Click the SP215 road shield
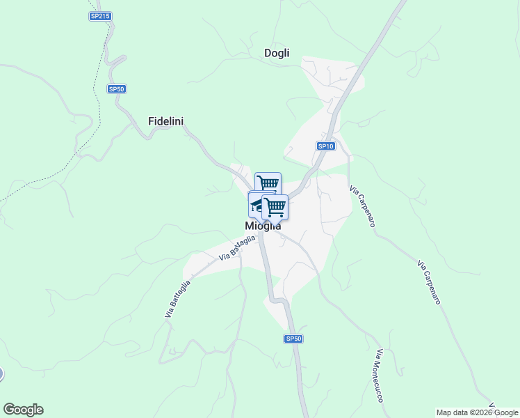(x=100, y=15)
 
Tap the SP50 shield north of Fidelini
(x=117, y=88)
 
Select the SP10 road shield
(x=326, y=146)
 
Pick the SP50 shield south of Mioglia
(x=294, y=339)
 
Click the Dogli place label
(x=277, y=53)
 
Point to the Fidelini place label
(x=165, y=121)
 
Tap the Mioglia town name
(x=263, y=226)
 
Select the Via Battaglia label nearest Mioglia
(x=238, y=247)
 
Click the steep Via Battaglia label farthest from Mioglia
(x=177, y=299)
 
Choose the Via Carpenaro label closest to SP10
(x=362, y=206)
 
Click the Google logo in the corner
(x=23, y=410)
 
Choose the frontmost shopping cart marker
(x=275, y=206)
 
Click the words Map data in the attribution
(x=451, y=412)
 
